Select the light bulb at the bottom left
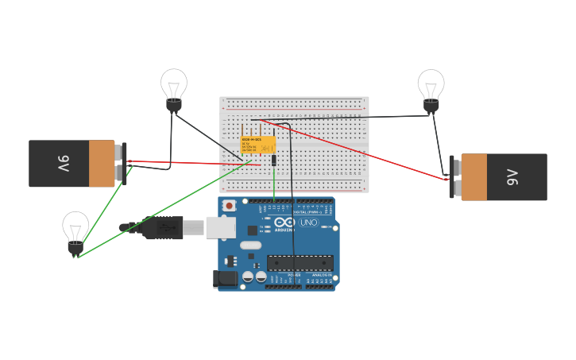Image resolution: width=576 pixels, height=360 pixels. [75, 228]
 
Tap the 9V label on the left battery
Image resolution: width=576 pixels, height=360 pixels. [63, 164]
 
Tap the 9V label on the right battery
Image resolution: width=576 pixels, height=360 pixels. [512, 176]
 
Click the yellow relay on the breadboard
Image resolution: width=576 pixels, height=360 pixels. [258, 145]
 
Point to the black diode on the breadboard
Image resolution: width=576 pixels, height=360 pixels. [274, 160]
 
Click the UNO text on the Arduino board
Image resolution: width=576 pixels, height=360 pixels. [308, 223]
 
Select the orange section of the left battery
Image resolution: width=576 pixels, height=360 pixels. [101, 164]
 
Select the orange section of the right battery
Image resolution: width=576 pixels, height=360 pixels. [474, 176]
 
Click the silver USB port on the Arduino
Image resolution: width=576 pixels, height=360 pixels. [220, 228]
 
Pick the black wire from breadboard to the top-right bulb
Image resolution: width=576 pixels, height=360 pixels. [358, 118]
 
